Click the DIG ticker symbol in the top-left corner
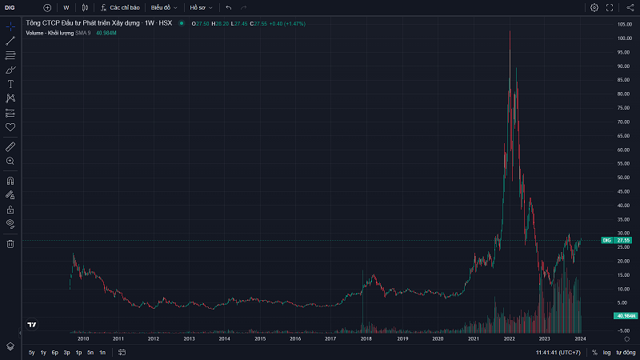tap(10, 7)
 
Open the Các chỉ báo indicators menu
tap(121, 7)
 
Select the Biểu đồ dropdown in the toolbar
tap(164, 7)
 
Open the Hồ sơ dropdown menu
tap(200, 7)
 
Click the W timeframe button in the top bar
tap(66, 7)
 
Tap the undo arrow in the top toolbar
tap(229, 7)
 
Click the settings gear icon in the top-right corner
tap(594, 7)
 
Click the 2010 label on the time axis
tap(82, 339)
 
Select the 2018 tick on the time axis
tap(366, 339)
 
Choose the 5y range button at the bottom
tap(31, 353)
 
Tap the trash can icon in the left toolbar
tap(10, 243)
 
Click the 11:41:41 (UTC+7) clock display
tap(558, 353)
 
